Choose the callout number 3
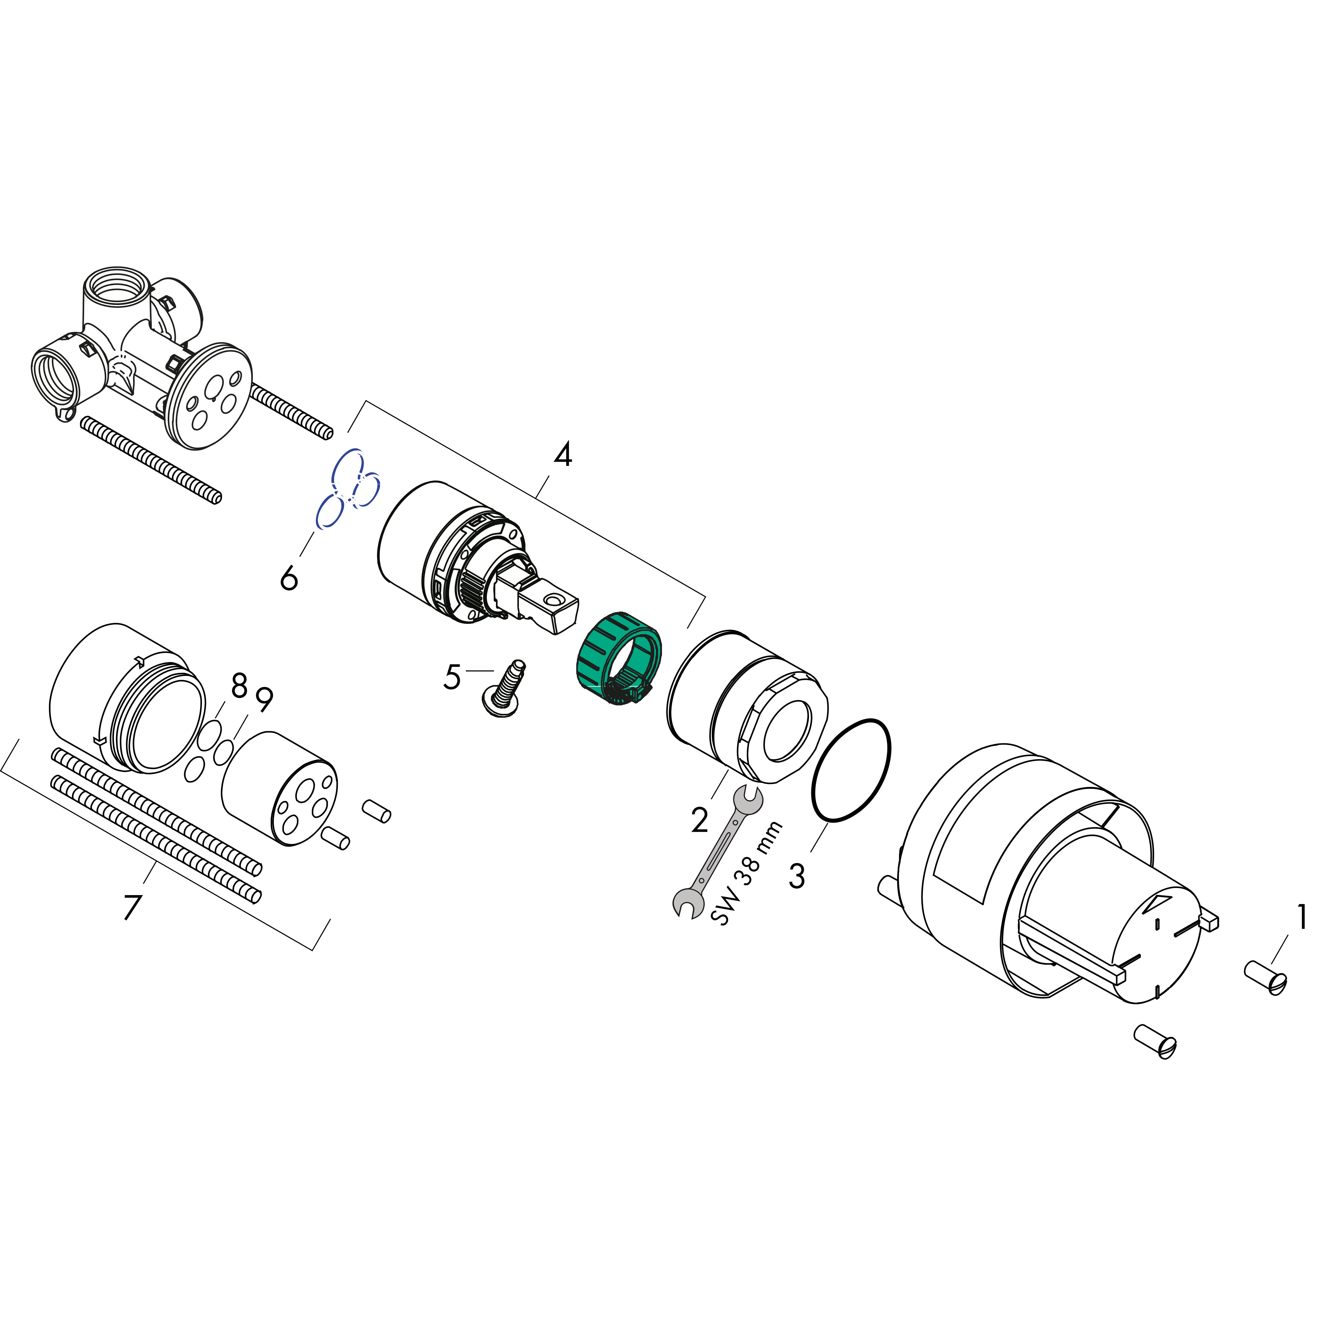[x=797, y=876]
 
